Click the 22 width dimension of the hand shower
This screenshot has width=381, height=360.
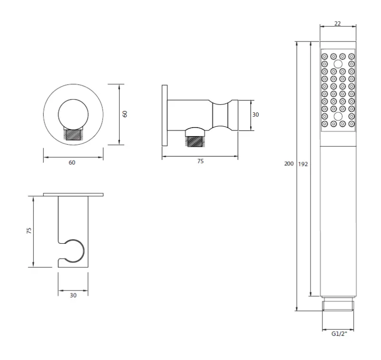pyautogui.click(x=338, y=23)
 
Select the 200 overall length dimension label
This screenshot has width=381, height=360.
pyautogui.click(x=289, y=164)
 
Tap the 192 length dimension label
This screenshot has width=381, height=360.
pyautogui.click(x=303, y=164)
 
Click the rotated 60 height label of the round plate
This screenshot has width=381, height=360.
pyautogui.click(x=125, y=114)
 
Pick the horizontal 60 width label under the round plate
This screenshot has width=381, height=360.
pyautogui.click(x=72, y=162)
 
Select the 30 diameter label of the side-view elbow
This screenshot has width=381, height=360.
pyautogui.click(x=256, y=115)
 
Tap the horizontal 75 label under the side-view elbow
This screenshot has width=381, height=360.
pyautogui.click(x=201, y=161)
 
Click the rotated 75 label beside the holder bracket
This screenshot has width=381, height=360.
pyautogui.click(x=29, y=230)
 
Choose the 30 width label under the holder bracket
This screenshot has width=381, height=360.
pyautogui.click(x=73, y=295)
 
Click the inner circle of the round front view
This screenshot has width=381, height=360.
pyautogui.click(x=73, y=115)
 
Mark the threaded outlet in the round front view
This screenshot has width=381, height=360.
pyautogui.click(x=73, y=134)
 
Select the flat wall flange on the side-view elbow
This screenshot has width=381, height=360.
pyautogui.click(x=165, y=116)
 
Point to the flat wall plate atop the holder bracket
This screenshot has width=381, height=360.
pyautogui.click(x=73, y=194)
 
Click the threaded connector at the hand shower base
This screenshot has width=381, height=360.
pyautogui.click(x=338, y=305)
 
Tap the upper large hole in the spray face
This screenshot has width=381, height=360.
pyautogui.click(x=338, y=64)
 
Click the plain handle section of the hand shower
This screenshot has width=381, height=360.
pyautogui.click(x=338, y=219)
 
